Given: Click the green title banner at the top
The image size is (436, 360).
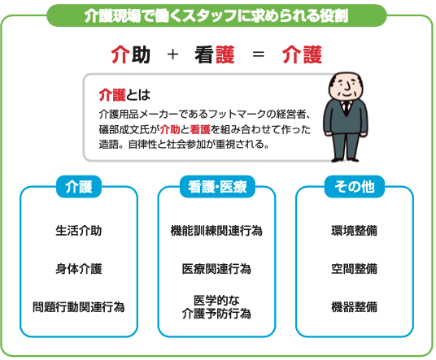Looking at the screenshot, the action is click(216, 15).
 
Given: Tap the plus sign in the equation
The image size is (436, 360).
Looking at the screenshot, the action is click(172, 54).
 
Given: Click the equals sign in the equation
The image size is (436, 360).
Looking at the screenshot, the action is click(259, 54).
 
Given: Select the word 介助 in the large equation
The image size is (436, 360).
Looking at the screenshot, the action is click(131, 54).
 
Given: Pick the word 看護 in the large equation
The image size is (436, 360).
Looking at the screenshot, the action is click(215, 54).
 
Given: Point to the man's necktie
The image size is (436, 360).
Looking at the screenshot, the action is click(347, 108).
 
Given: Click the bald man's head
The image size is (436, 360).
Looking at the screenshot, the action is click(346, 85).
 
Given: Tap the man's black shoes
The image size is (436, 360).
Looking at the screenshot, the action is click(345, 159).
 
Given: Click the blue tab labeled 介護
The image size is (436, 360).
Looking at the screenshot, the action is click(79, 186).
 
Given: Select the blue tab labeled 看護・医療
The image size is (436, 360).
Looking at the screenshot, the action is click(217, 186).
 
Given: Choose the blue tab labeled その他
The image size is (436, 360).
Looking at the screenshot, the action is click(355, 186).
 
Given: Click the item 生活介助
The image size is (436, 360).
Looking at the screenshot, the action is click(79, 231).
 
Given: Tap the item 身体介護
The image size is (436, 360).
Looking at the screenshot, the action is click(79, 269).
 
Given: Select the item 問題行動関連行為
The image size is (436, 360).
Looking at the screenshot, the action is click(79, 307).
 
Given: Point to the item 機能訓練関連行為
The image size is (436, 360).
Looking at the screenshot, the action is click(216, 231).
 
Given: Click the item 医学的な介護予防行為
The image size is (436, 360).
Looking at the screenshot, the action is click(216, 307).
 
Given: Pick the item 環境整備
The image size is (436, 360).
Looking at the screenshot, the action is click(355, 231).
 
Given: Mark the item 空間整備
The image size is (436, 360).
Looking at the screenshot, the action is click(355, 269).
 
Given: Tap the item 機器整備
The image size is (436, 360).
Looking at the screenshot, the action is click(355, 307).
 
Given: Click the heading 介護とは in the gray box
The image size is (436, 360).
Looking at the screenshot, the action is click(124, 95).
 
